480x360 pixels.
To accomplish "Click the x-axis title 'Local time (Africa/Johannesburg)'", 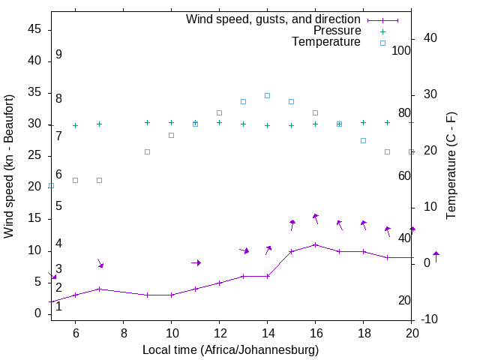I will point(230,349).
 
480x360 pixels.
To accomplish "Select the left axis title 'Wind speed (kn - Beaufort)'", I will point(9,166).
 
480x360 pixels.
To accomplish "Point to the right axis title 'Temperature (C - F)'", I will point(451,166).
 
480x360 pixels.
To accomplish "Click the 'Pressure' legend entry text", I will point(337,31).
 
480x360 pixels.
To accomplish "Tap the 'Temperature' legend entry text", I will point(326,43).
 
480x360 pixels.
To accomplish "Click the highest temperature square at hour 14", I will point(267,95).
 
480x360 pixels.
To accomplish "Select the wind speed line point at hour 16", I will point(315,244).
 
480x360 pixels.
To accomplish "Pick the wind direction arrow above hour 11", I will point(196,262).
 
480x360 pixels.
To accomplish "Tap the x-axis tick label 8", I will point(123,333).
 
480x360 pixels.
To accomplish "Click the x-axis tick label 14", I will point(267,333).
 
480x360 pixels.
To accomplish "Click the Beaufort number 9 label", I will point(58,55).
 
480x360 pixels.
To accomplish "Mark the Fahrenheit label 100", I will point(401,51).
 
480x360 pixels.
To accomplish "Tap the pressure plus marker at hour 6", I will point(75,125).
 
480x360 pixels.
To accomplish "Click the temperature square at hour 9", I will point(147,151).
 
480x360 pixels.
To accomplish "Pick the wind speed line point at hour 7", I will point(99,289).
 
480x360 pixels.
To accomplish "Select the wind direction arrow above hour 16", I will point(316,218).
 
